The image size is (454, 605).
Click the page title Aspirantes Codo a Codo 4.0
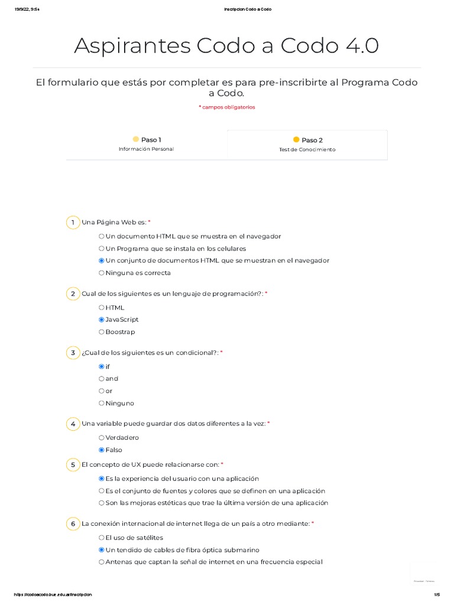(x=226, y=45)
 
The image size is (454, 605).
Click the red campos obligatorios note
(x=227, y=107)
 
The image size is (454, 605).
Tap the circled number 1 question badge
(x=73, y=223)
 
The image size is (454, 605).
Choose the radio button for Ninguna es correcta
(x=102, y=273)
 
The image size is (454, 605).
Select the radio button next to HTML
(x=102, y=307)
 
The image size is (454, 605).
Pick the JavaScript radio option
(x=102, y=320)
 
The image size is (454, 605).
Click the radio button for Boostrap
(x=102, y=332)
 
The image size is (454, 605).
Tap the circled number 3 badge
(x=73, y=353)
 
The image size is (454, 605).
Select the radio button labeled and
(x=102, y=379)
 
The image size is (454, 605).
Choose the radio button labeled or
(x=102, y=391)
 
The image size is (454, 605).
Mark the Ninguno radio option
(x=102, y=404)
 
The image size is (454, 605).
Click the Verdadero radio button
(x=102, y=438)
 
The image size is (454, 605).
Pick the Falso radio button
(x=102, y=450)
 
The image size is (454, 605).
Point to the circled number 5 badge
(x=73, y=465)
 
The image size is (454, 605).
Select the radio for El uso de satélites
(x=102, y=538)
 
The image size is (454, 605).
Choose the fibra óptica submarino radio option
(x=102, y=550)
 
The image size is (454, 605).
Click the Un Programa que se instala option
(x=102, y=249)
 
